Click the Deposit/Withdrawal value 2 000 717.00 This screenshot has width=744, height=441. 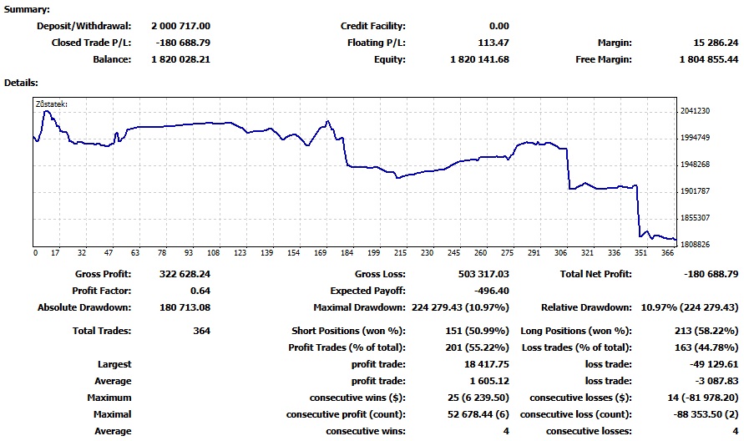pyautogui.click(x=180, y=27)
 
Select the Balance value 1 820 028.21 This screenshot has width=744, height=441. pyautogui.click(x=180, y=60)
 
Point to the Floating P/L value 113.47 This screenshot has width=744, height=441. pyautogui.click(x=491, y=43)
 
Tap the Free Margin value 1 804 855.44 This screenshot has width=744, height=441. pyautogui.click(x=704, y=60)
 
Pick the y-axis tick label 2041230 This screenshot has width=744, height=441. pyautogui.click(x=696, y=111)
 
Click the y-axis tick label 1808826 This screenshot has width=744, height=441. pyautogui.click(x=696, y=245)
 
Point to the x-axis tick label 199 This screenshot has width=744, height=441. pyautogui.click(x=374, y=253)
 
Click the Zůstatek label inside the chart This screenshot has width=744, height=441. pyautogui.click(x=52, y=104)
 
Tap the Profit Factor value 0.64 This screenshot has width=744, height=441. pyautogui.click(x=200, y=291)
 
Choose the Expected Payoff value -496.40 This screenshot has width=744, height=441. pyautogui.click(x=491, y=291)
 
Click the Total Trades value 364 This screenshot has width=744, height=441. pyautogui.click(x=201, y=332)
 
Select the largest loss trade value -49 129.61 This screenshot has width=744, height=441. pyautogui.click(x=712, y=365)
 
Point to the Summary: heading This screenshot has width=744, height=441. pyautogui.click(x=27, y=9)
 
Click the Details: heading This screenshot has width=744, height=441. pyautogui.click(x=22, y=83)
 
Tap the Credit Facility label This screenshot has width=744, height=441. pyautogui.click(x=372, y=27)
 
